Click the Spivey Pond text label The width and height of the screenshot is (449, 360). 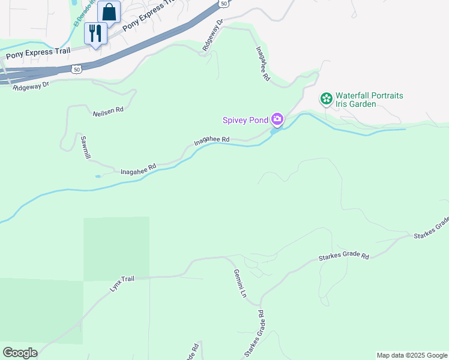(x=245, y=120)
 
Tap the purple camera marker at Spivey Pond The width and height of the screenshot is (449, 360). (x=277, y=119)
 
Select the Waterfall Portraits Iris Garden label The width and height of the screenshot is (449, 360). (x=369, y=100)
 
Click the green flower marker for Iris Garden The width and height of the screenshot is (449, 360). (x=326, y=98)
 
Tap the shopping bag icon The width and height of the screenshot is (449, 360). (x=109, y=11)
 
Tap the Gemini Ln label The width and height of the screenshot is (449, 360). (x=240, y=284)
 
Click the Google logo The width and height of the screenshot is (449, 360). (x=20, y=353)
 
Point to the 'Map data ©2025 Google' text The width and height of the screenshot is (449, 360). (x=412, y=355)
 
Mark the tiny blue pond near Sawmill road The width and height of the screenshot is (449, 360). (x=98, y=176)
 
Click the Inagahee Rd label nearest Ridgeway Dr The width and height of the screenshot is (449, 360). (x=263, y=64)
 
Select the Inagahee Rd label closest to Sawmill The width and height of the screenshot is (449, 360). (x=139, y=170)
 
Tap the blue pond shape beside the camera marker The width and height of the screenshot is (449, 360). (x=274, y=131)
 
